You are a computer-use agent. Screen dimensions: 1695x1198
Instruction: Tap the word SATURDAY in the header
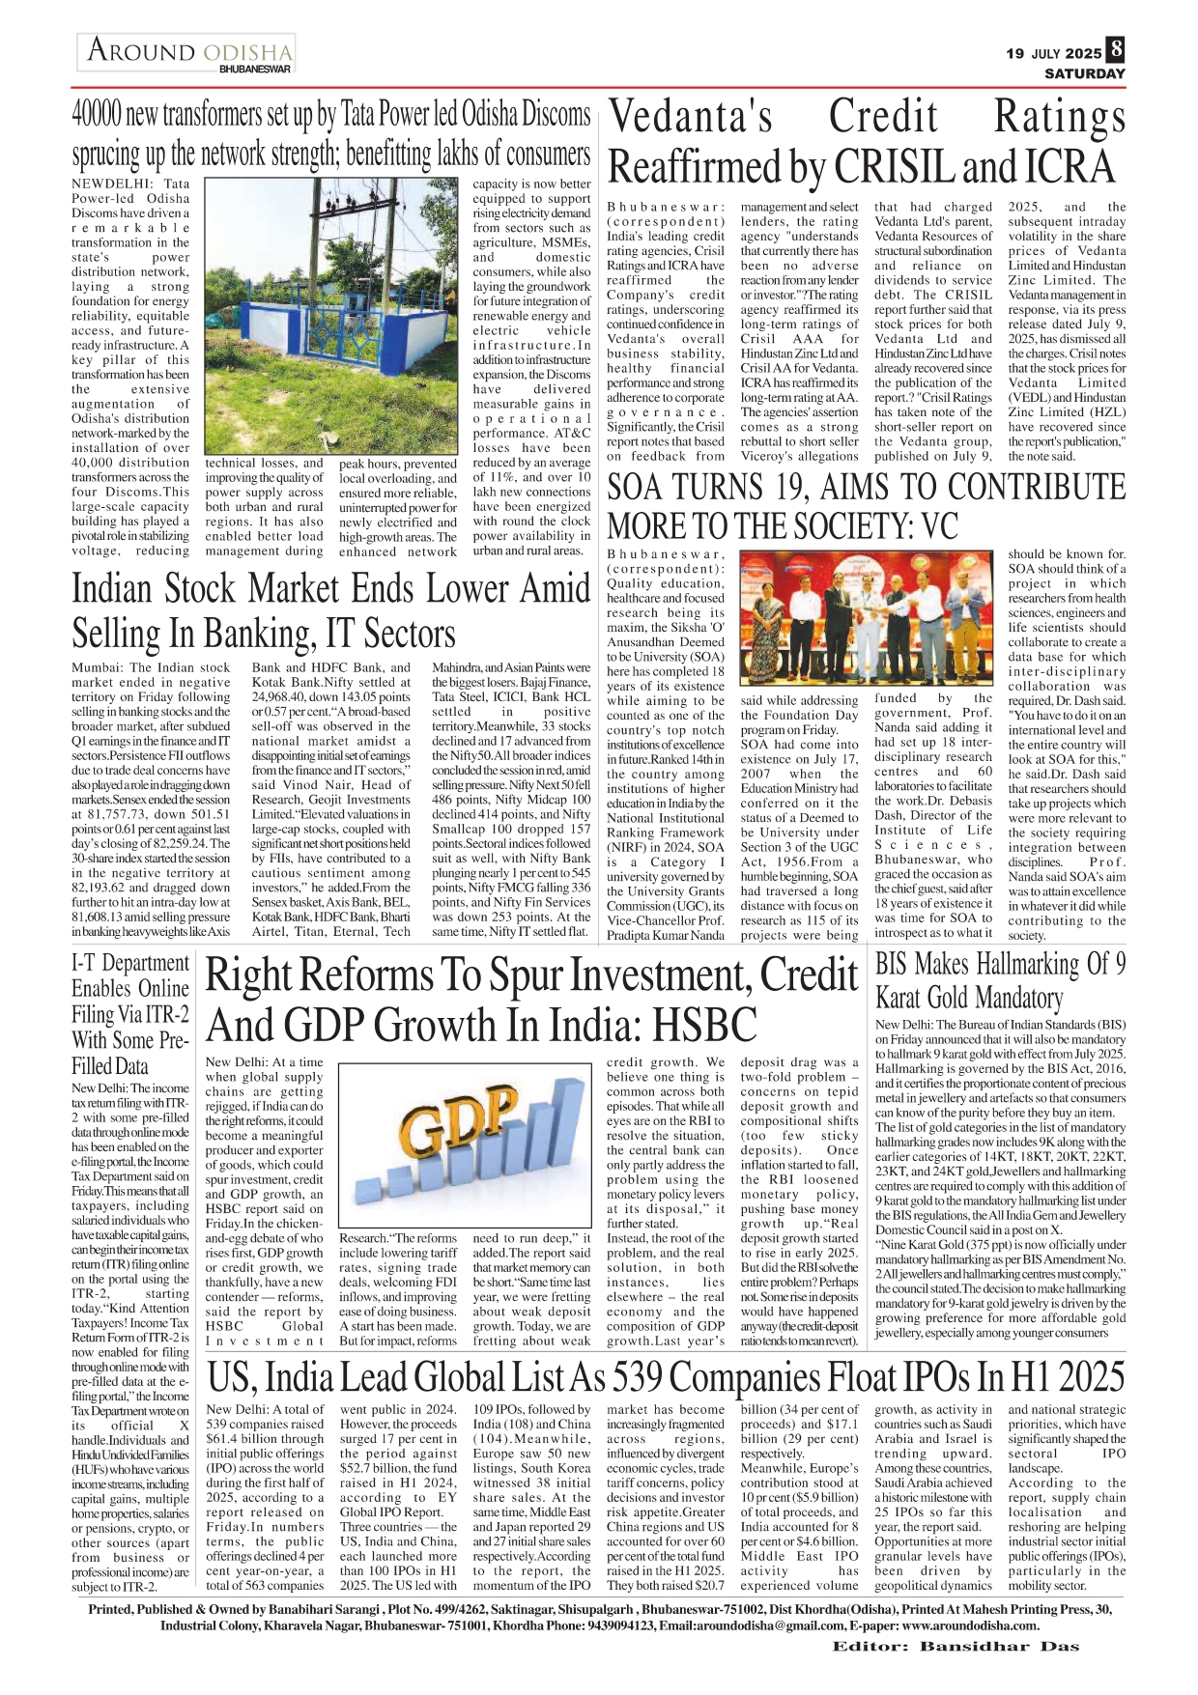pos(1085,73)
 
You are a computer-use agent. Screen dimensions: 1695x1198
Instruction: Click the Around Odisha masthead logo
pos(187,52)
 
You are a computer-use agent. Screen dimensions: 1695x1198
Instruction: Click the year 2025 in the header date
pos(1083,53)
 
